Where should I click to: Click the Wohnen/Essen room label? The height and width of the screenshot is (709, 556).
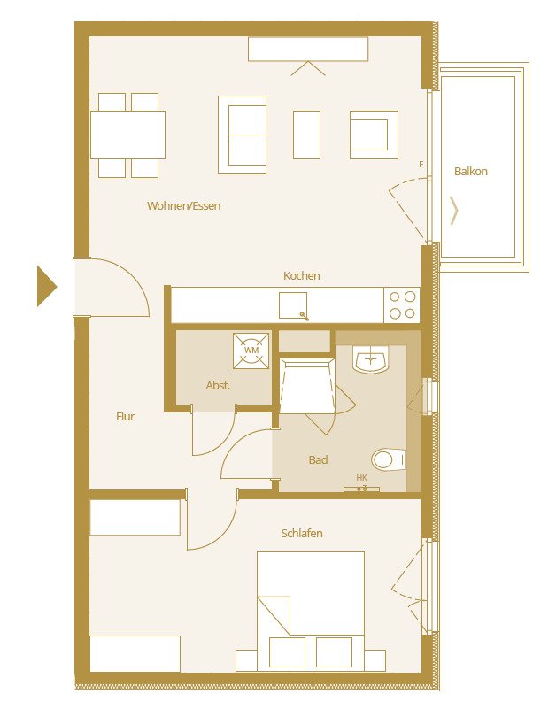tap(183, 206)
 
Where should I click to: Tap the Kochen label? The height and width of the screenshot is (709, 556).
tap(302, 276)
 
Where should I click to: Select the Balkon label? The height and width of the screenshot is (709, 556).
tap(471, 172)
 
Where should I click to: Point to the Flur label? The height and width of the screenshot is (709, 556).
tap(126, 416)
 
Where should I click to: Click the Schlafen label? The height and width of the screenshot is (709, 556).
tap(302, 534)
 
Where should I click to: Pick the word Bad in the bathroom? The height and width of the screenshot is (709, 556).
tap(318, 460)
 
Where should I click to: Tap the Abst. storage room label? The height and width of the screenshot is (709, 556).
tap(218, 386)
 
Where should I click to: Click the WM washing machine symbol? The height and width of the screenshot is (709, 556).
tap(251, 351)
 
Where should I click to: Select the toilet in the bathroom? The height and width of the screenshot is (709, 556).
tap(389, 459)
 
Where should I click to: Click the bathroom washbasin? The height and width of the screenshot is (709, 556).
tap(371, 359)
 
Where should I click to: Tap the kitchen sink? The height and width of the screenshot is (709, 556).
tap(294, 305)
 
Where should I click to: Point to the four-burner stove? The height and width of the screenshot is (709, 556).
tap(402, 305)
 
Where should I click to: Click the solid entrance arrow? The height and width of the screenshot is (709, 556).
tap(46, 287)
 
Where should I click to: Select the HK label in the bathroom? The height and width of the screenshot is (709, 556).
tap(361, 478)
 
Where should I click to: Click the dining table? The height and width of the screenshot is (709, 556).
tap(127, 135)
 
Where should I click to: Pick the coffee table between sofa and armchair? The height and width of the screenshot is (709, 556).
tap(306, 135)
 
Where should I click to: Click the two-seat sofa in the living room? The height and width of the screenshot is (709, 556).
tap(242, 135)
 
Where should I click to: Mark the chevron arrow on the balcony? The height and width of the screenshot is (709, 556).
tap(455, 211)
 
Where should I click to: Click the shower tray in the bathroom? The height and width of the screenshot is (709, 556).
tap(305, 385)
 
